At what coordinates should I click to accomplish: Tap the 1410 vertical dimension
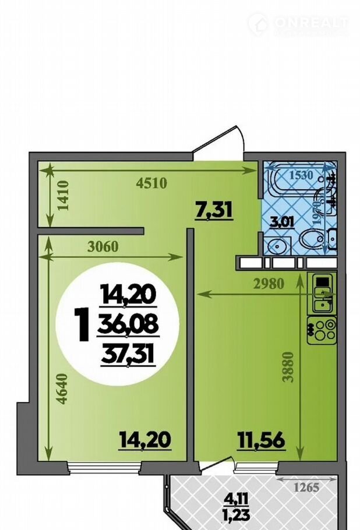point(63,196)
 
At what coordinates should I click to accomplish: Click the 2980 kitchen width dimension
point(268,284)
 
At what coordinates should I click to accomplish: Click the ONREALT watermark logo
point(298,24)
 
